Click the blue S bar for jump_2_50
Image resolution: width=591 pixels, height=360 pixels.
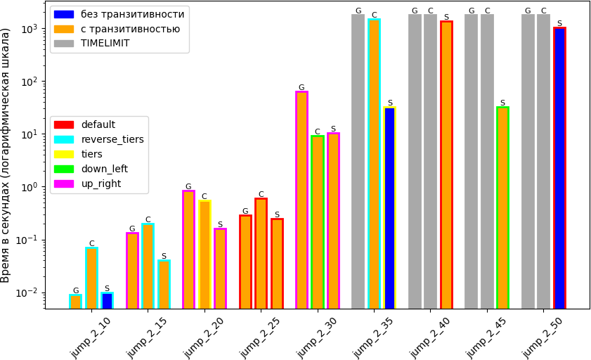click(559, 168)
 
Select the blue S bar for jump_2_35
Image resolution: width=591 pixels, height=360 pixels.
click(390, 207)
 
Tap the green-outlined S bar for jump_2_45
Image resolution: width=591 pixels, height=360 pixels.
click(502, 207)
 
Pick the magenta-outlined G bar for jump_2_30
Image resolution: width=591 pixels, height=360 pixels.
click(301, 200)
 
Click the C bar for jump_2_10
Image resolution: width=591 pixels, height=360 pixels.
click(91, 278)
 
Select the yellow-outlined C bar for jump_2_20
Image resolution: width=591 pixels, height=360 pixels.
click(204, 255)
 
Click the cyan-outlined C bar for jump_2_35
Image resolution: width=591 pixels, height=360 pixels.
click(374, 164)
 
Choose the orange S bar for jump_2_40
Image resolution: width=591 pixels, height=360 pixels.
click(446, 165)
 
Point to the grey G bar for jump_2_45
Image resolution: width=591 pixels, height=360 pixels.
click(471, 162)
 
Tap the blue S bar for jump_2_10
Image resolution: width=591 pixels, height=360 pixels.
click(107, 300)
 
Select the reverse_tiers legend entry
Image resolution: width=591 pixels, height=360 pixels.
click(99, 139)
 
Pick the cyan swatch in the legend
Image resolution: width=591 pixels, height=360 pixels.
click(64, 139)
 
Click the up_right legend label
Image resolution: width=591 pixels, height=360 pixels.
click(101, 184)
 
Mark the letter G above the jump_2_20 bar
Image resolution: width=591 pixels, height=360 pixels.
click(188, 186)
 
